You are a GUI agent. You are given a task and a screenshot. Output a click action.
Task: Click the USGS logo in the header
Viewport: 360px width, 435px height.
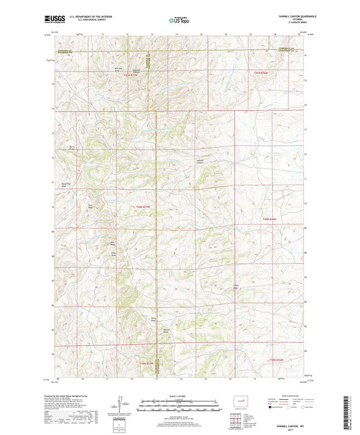pos(52,20)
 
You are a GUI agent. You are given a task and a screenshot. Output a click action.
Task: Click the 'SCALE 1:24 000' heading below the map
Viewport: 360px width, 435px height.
pos(179,395)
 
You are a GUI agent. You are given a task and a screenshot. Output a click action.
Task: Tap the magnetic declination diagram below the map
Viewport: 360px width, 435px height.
pos(122,405)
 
